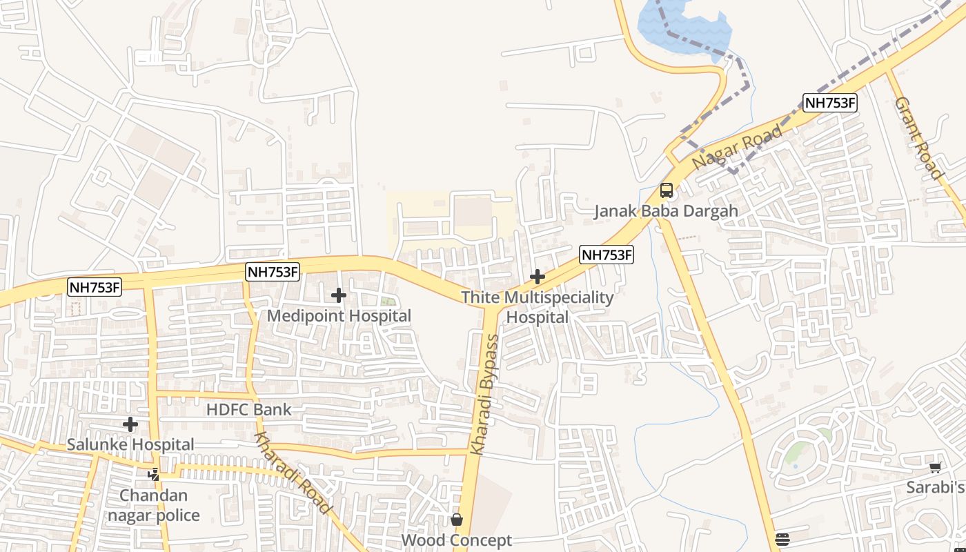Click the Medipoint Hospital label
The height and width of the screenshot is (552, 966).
point(339,316)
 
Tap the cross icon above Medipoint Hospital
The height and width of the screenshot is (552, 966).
point(338,295)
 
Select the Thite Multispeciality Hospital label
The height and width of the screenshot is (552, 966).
point(537,307)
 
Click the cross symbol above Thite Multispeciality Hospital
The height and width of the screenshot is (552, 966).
point(537,277)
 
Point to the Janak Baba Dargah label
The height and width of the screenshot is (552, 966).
point(667,211)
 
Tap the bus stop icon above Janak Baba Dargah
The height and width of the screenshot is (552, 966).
point(667,190)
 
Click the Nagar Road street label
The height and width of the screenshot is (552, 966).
point(738,147)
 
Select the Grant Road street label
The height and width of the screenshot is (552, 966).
point(918,138)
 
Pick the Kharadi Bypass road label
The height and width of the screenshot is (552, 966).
point(484,395)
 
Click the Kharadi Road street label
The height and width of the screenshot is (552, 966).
point(293,473)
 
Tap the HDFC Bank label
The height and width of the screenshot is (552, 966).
point(249,409)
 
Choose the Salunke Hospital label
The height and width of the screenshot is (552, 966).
point(130,444)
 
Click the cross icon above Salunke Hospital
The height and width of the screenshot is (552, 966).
point(130,424)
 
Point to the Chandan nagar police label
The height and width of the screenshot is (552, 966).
point(159,505)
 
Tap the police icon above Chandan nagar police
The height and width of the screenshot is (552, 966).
point(153,474)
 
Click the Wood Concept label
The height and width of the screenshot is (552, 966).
point(457,540)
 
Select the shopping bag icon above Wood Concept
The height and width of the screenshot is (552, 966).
point(457,519)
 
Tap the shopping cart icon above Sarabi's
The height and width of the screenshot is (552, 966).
point(936,468)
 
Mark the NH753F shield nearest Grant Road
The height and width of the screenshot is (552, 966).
point(830,103)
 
